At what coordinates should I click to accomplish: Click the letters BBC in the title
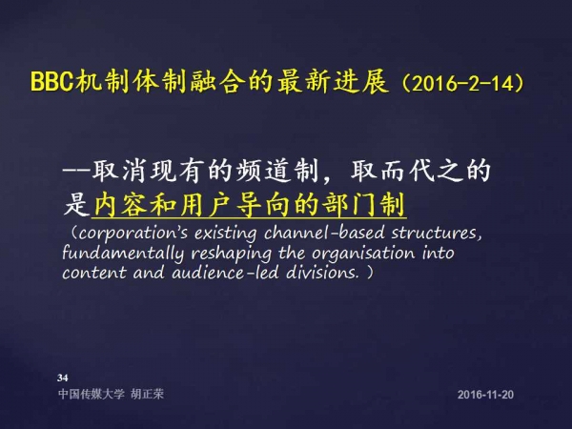(x=51, y=82)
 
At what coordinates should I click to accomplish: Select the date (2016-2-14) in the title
(x=462, y=84)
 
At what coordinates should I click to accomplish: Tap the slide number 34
(x=62, y=378)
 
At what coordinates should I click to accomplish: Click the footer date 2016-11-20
(x=485, y=395)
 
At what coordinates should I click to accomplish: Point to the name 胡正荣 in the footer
(x=148, y=394)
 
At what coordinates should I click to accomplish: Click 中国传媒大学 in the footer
(x=92, y=394)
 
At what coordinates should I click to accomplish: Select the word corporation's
(x=133, y=234)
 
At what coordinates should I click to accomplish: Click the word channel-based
(x=324, y=234)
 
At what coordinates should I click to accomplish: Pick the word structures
(x=437, y=234)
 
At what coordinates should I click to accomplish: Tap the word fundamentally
(x=123, y=254)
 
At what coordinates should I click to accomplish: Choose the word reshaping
(x=232, y=254)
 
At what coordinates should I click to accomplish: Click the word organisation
(x=363, y=254)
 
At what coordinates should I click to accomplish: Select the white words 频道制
(x=277, y=171)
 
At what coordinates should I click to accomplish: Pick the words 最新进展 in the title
(x=332, y=81)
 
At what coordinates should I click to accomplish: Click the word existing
(x=225, y=234)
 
